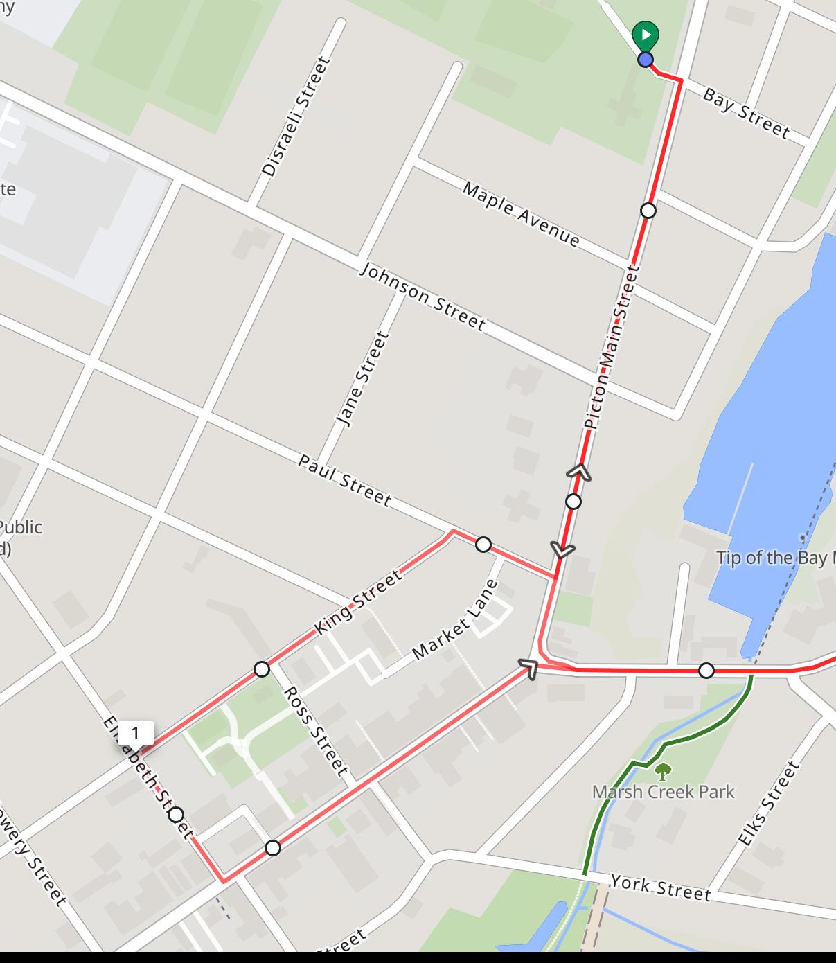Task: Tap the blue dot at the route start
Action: click(646, 60)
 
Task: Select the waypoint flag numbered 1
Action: click(135, 733)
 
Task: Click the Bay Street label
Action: click(745, 113)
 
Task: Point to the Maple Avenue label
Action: click(521, 214)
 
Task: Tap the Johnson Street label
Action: click(422, 296)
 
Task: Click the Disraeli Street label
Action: click(295, 116)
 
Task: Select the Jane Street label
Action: click(362, 378)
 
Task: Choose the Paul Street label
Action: click(344, 479)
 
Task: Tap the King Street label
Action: click(357, 601)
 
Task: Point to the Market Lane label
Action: click(454, 619)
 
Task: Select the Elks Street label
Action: click(769, 804)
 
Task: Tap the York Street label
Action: click(660, 887)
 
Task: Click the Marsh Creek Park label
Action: click(663, 791)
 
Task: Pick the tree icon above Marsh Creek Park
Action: click(663, 770)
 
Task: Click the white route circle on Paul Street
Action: click(483, 545)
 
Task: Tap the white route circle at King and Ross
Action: click(261, 669)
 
